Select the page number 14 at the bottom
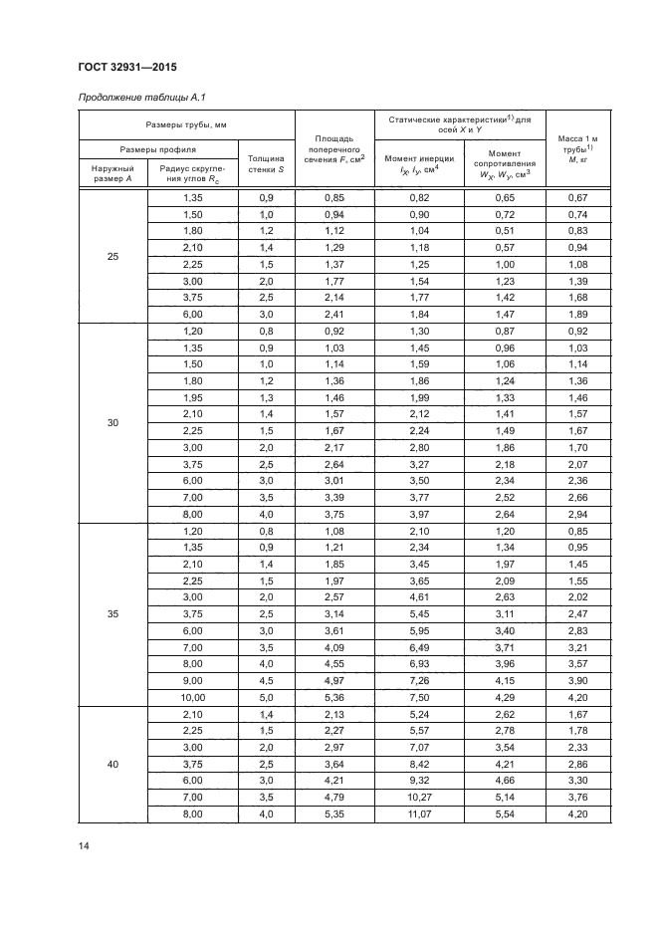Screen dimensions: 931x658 (x=84, y=845)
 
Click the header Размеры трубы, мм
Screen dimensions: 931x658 (x=186, y=125)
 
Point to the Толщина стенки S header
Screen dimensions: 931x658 (x=266, y=163)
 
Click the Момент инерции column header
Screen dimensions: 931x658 (x=419, y=164)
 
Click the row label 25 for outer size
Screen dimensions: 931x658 (x=112, y=257)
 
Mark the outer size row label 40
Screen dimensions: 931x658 (x=112, y=765)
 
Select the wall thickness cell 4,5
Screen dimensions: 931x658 (x=266, y=682)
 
